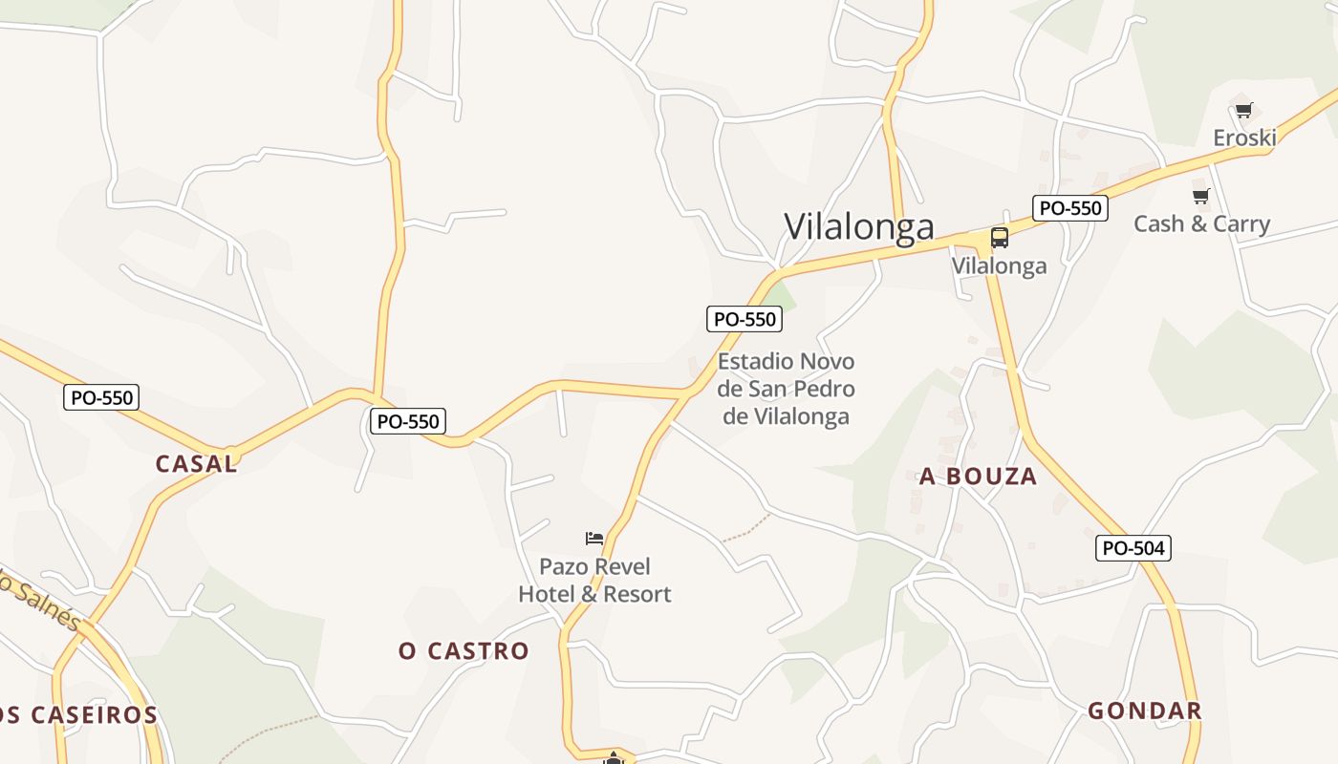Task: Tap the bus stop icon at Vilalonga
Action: click(999, 238)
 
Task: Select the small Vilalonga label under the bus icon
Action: click(999, 265)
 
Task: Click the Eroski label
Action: click(1244, 138)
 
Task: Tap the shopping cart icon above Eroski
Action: click(1243, 111)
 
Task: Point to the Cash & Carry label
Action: click(1201, 224)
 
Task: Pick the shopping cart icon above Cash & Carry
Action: click(1200, 197)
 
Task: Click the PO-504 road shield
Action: click(1133, 548)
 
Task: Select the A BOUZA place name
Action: click(978, 477)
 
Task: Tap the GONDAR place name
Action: click(1144, 711)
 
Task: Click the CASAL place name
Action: click(196, 464)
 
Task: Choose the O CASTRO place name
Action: click(464, 651)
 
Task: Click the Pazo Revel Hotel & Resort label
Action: click(594, 581)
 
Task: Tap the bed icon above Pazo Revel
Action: click(594, 539)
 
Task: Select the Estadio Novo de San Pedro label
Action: click(786, 389)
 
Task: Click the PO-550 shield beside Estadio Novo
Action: click(745, 319)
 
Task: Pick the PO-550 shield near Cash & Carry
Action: click(1069, 208)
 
